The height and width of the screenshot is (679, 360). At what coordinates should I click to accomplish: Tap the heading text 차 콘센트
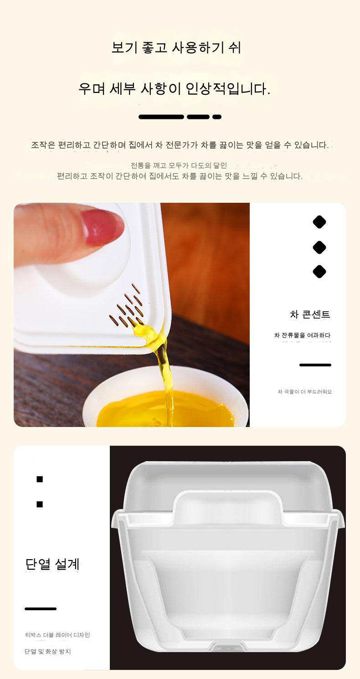tap(310, 314)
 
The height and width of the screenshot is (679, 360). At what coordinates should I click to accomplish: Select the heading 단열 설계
tap(52, 564)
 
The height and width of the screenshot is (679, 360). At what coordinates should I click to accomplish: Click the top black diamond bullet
tap(319, 222)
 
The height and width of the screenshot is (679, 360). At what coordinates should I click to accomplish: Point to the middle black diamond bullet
tap(319, 247)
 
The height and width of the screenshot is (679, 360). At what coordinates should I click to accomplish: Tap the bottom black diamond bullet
tap(319, 271)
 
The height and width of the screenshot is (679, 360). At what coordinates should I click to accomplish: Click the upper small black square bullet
tap(40, 479)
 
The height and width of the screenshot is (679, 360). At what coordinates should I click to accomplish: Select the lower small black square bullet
tap(40, 504)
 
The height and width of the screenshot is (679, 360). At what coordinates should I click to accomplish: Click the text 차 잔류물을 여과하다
tap(302, 335)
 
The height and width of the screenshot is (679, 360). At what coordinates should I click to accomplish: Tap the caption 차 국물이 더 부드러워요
tap(305, 391)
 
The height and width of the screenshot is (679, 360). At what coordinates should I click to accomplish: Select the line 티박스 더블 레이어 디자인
tap(57, 635)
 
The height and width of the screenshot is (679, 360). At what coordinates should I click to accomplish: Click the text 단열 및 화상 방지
tap(47, 651)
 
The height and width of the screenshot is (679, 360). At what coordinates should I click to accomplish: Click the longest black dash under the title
tap(161, 117)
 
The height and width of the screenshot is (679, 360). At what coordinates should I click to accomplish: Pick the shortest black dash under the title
tap(217, 117)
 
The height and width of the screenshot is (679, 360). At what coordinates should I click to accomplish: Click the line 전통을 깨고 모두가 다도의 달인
tap(179, 165)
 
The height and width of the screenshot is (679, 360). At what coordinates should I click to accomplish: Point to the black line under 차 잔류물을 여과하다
tap(315, 365)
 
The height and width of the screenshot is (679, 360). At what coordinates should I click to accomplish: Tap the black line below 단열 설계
tap(41, 609)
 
